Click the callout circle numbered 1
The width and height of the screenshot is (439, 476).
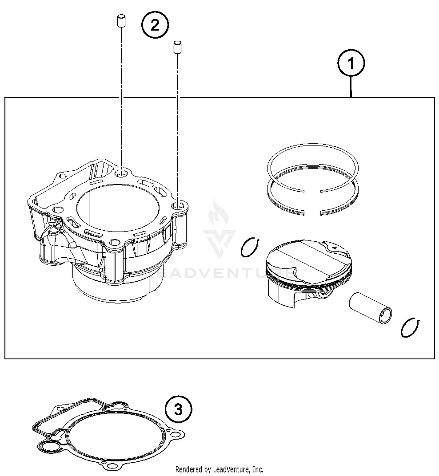(351, 63)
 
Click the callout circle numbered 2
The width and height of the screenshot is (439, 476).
(155, 25)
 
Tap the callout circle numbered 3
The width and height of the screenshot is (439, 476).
(178, 409)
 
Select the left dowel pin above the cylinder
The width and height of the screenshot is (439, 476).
(119, 22)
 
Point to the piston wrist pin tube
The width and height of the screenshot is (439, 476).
(370, 308)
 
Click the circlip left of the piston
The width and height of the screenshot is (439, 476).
(250, 248)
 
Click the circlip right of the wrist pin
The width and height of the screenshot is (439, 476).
(410, 328)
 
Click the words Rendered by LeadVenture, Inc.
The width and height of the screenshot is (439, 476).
(219, 470)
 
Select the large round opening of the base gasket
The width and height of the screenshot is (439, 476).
(116, 438)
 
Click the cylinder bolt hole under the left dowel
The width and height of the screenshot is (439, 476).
(121, 174)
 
